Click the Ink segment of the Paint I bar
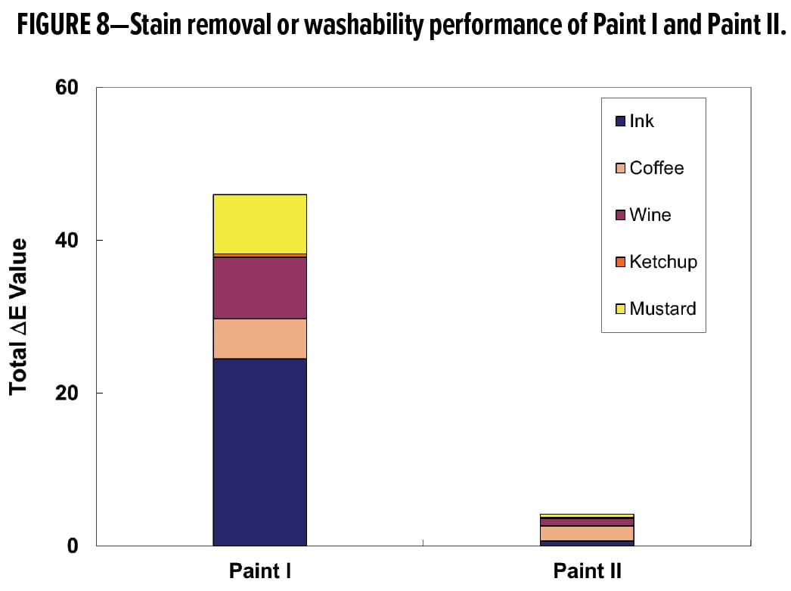point(260,452)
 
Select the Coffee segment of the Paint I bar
point(260,339)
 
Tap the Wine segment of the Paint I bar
point(260,288)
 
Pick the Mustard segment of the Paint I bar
point(260,224)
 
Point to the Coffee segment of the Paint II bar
point(587,533)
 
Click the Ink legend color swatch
point(621,121)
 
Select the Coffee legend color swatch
point(621,168)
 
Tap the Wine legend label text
point(650,215)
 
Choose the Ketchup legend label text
point(663,262)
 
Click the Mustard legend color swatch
point(621,309)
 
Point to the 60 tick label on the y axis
point(67,87)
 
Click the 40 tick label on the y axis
point(67,240)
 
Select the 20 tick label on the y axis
point(67,393)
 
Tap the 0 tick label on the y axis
point(73,546)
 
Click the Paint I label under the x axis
point(260,571)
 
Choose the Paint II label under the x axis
point(587,571)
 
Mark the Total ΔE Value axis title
point(18,316)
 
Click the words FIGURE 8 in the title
point(63,23)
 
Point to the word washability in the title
point(364,25)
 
